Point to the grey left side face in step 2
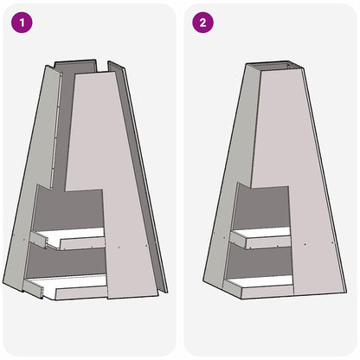pos(227,173)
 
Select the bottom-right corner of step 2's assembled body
pos(345,293)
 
